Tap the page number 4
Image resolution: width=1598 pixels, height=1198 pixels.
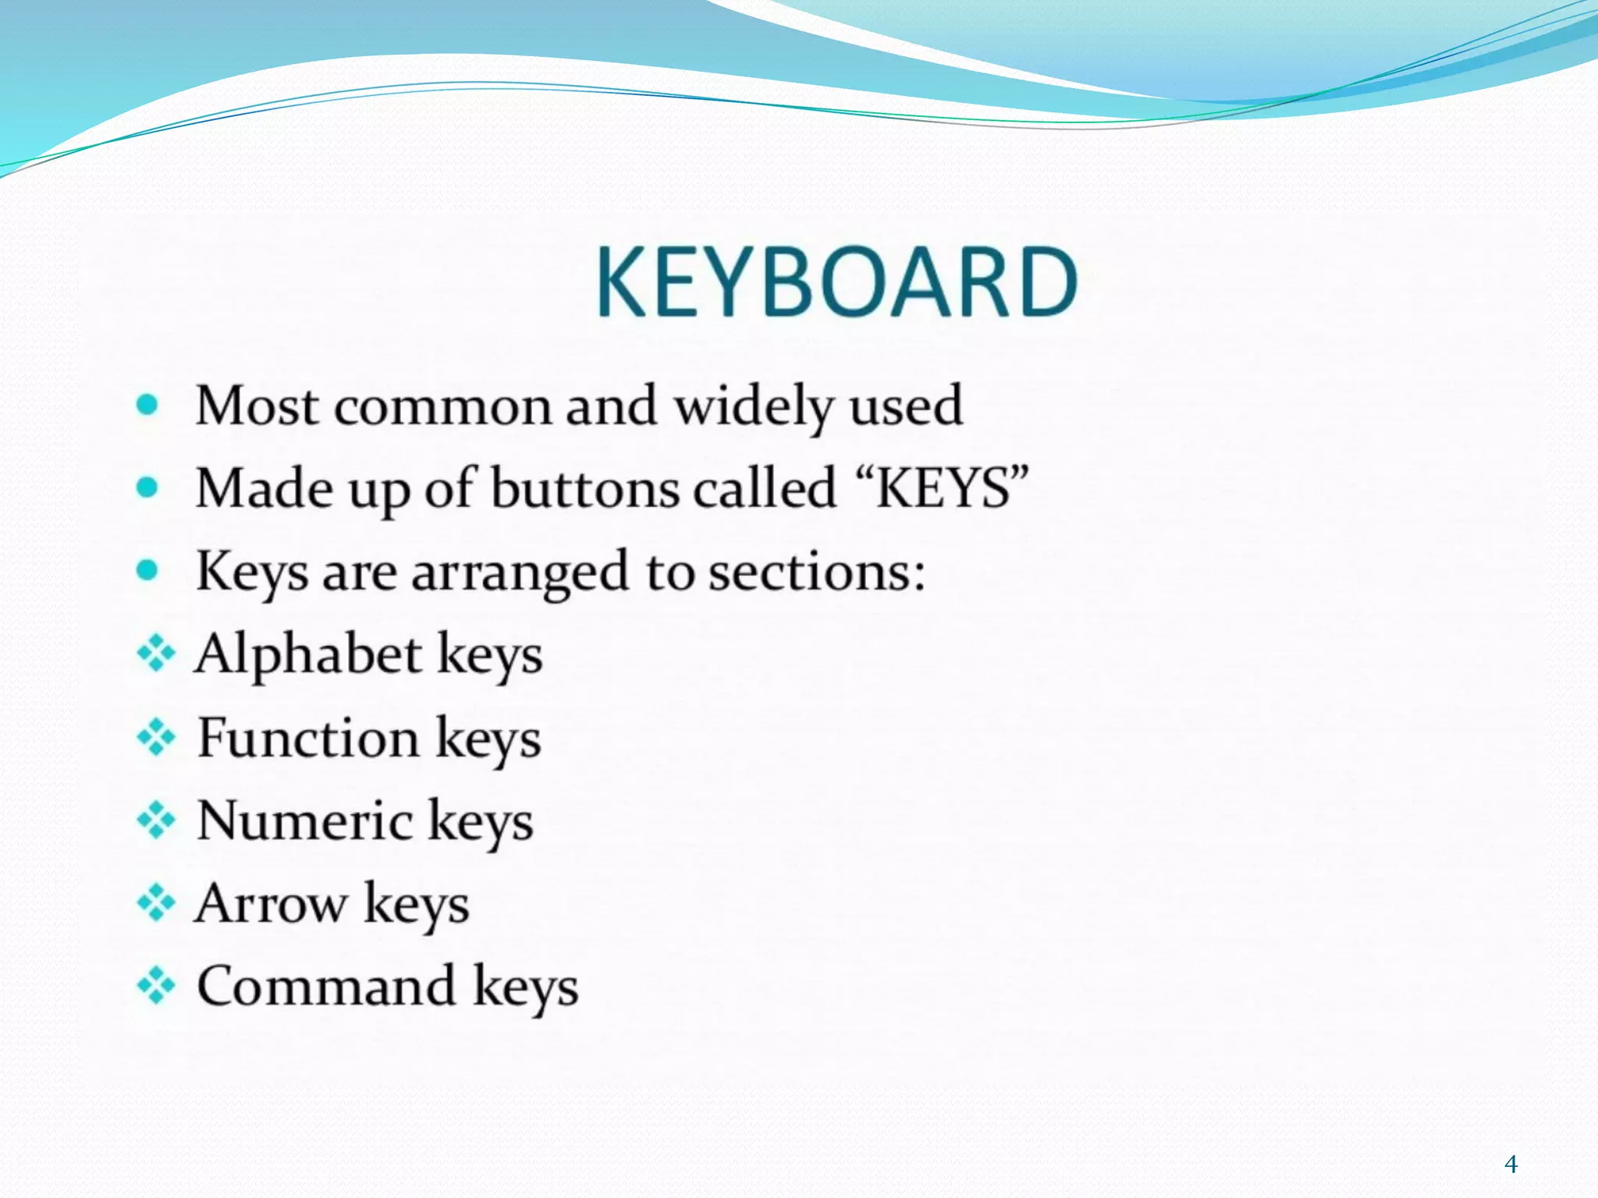coord(1511,1164)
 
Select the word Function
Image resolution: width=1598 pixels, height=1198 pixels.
coord(308,737)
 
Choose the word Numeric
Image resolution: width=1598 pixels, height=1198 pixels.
coord(305,821)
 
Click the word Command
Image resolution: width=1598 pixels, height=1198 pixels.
coord(326,986)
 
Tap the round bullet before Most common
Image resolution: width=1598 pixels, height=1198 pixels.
coord(147,405)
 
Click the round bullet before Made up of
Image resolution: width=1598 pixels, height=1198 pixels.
coord(147,488)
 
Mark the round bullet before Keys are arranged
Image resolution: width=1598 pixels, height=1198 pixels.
coord(147,571)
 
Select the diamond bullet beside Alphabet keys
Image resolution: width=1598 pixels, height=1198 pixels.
coord(156,654)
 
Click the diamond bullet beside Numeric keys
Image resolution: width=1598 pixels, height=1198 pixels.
coord(156,820)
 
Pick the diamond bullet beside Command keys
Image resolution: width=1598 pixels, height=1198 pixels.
coord(156,986)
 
